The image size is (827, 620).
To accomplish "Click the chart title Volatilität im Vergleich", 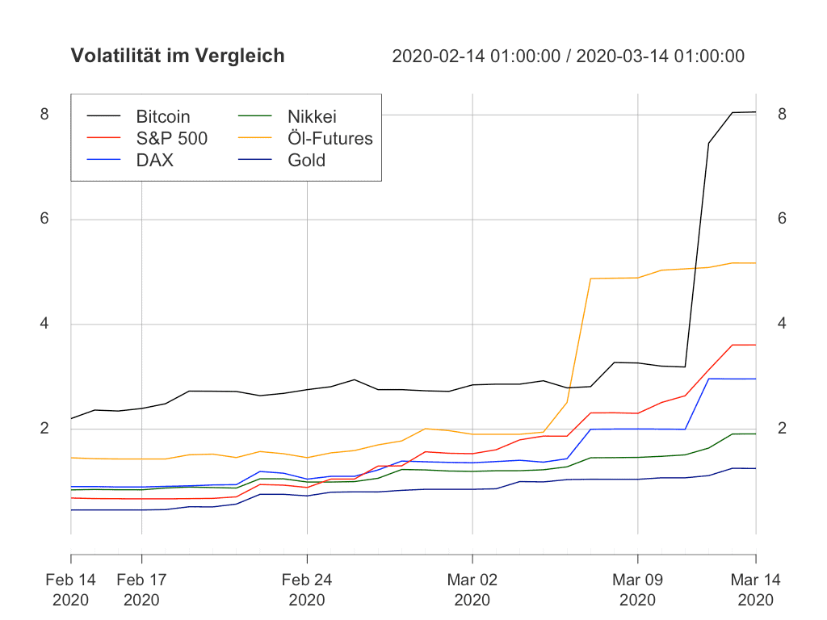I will click(178, 56).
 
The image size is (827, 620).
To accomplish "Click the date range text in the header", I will click(568, 56).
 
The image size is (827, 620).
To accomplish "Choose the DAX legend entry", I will click(154, 160).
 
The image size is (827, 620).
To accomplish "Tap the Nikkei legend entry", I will click(312, 117).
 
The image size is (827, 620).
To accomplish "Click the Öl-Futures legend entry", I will click(330, 138).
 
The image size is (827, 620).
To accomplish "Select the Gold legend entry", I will click(306, 160).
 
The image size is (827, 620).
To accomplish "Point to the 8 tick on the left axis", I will click(44, 115).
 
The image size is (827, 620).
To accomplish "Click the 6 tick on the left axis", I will click(44, 220).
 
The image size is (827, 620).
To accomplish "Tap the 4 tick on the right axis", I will click(783, 325).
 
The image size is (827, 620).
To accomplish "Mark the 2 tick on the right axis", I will click(783, 429).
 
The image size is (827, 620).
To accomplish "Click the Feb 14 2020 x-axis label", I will click(70, 589).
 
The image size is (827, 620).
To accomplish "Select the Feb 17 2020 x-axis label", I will click(141, 589).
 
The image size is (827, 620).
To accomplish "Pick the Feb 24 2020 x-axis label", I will click(307, 589).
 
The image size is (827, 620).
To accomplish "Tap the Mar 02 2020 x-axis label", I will click(472, 589).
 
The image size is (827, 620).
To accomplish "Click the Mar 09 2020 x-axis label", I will click(637, 589).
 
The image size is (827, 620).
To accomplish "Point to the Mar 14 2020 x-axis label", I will click(756, 589).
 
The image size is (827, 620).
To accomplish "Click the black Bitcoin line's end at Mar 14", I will click(755, 112).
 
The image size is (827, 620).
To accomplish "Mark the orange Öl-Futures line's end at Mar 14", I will click(755, 263).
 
